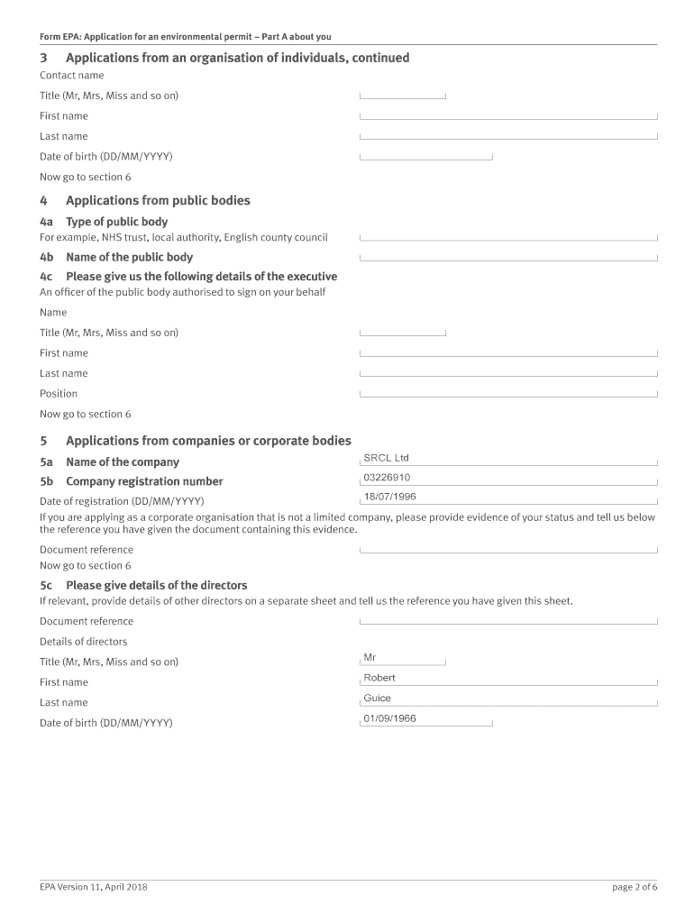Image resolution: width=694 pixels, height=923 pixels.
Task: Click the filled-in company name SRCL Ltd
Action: (x=386, y=458)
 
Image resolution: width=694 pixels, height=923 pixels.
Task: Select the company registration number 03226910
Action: (x=387, y=478)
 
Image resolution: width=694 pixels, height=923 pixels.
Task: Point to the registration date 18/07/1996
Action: (x=389, y=497)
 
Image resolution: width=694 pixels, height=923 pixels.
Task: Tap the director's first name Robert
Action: (x=379, y=678)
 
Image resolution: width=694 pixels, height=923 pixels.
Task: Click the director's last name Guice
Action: (x=378, y=699)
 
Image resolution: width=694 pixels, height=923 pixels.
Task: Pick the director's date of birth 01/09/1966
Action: (x=389, y=719)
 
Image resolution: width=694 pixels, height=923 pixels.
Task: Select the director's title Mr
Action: (x=370, y=658)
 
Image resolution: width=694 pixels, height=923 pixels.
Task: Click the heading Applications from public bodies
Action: (x=158, y=201)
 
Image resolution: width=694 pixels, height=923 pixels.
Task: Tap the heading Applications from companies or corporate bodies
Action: (x=208, y=441)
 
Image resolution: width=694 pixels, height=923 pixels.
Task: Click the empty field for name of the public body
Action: (x=508, y=257)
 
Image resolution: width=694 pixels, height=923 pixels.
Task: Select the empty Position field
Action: (x=508, y=393)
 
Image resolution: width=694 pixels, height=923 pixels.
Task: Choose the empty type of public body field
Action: (x=508, y=237)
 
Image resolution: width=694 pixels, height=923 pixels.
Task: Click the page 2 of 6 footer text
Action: (x=635, y=887)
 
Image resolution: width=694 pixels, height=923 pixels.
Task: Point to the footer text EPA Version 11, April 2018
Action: (x=94, y=887)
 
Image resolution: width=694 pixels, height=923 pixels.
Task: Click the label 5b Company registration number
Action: (x=132, y=481)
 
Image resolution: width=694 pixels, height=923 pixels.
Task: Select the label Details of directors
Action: (x=83, y=642)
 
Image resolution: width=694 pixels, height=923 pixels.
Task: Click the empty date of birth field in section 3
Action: (x=425, y=156)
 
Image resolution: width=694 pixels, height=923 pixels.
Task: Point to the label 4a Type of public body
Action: (x=104, y=222)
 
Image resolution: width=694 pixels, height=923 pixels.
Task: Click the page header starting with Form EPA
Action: (x=186, y=37)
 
